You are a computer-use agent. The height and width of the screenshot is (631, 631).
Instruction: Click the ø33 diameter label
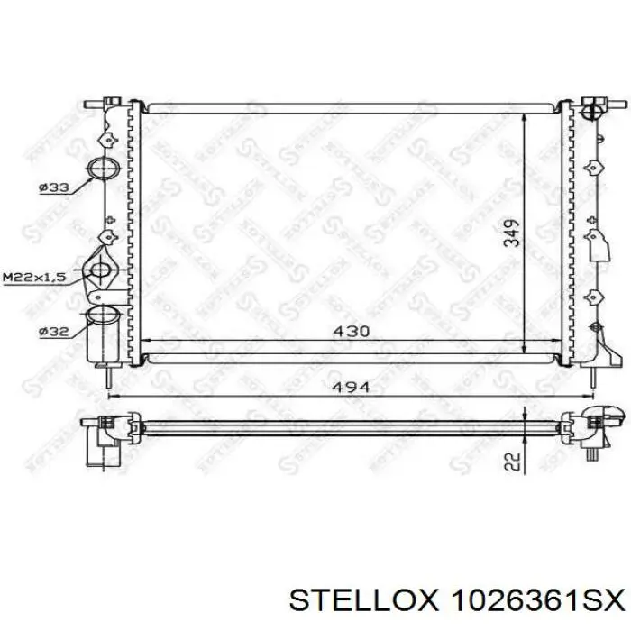click(54, 187)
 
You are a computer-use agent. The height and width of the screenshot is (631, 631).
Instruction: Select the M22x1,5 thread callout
click(34, 277)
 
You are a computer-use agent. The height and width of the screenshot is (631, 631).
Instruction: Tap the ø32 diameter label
click(54, 332)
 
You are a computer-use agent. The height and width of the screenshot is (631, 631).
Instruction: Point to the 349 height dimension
click(512, 233)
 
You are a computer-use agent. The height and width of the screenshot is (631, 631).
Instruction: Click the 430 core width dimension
click(352, 331)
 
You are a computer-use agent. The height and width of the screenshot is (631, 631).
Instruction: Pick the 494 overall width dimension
click(352, 387)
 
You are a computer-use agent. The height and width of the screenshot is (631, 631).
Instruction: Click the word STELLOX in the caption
click(362, 602)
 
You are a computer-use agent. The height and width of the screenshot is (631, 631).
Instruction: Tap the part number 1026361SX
click(537, 602)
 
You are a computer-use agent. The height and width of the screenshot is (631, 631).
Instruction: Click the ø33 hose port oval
click(104, 168)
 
